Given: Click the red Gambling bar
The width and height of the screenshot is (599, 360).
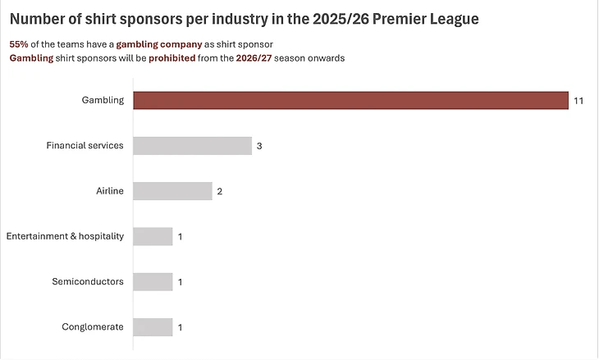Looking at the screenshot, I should [350, 100].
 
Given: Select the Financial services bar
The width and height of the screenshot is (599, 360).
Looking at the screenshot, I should [192, 146].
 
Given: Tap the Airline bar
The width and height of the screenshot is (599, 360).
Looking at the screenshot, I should [172, 191].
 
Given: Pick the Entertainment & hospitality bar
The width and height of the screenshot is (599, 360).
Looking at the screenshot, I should [153, 236].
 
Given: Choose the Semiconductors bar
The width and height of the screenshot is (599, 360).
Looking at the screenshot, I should [153, 281].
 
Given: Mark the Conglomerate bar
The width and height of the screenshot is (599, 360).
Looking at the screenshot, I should [153, 327].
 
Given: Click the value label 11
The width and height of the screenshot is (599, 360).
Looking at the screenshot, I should [578, 101].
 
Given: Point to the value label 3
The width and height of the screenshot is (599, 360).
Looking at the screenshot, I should [259, 146].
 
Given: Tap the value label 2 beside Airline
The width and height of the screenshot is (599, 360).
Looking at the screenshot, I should [219, 192].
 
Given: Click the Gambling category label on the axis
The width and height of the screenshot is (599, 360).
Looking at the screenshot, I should [103, 100].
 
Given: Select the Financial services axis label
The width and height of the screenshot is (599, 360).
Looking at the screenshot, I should [85, 146].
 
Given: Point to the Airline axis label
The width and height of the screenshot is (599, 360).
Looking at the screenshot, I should [110, 191].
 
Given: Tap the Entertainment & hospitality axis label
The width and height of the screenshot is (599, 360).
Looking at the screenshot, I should [65, 236].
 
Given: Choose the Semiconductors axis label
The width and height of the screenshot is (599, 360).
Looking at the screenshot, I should [88, 281].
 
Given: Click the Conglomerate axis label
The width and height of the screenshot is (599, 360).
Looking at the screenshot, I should [93, 327].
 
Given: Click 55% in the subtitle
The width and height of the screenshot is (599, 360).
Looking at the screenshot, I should [18, 43].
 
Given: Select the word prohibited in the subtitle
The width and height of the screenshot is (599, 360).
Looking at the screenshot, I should [171, 58].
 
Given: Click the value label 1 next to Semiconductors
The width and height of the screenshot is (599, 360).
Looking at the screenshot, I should [180, 282].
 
